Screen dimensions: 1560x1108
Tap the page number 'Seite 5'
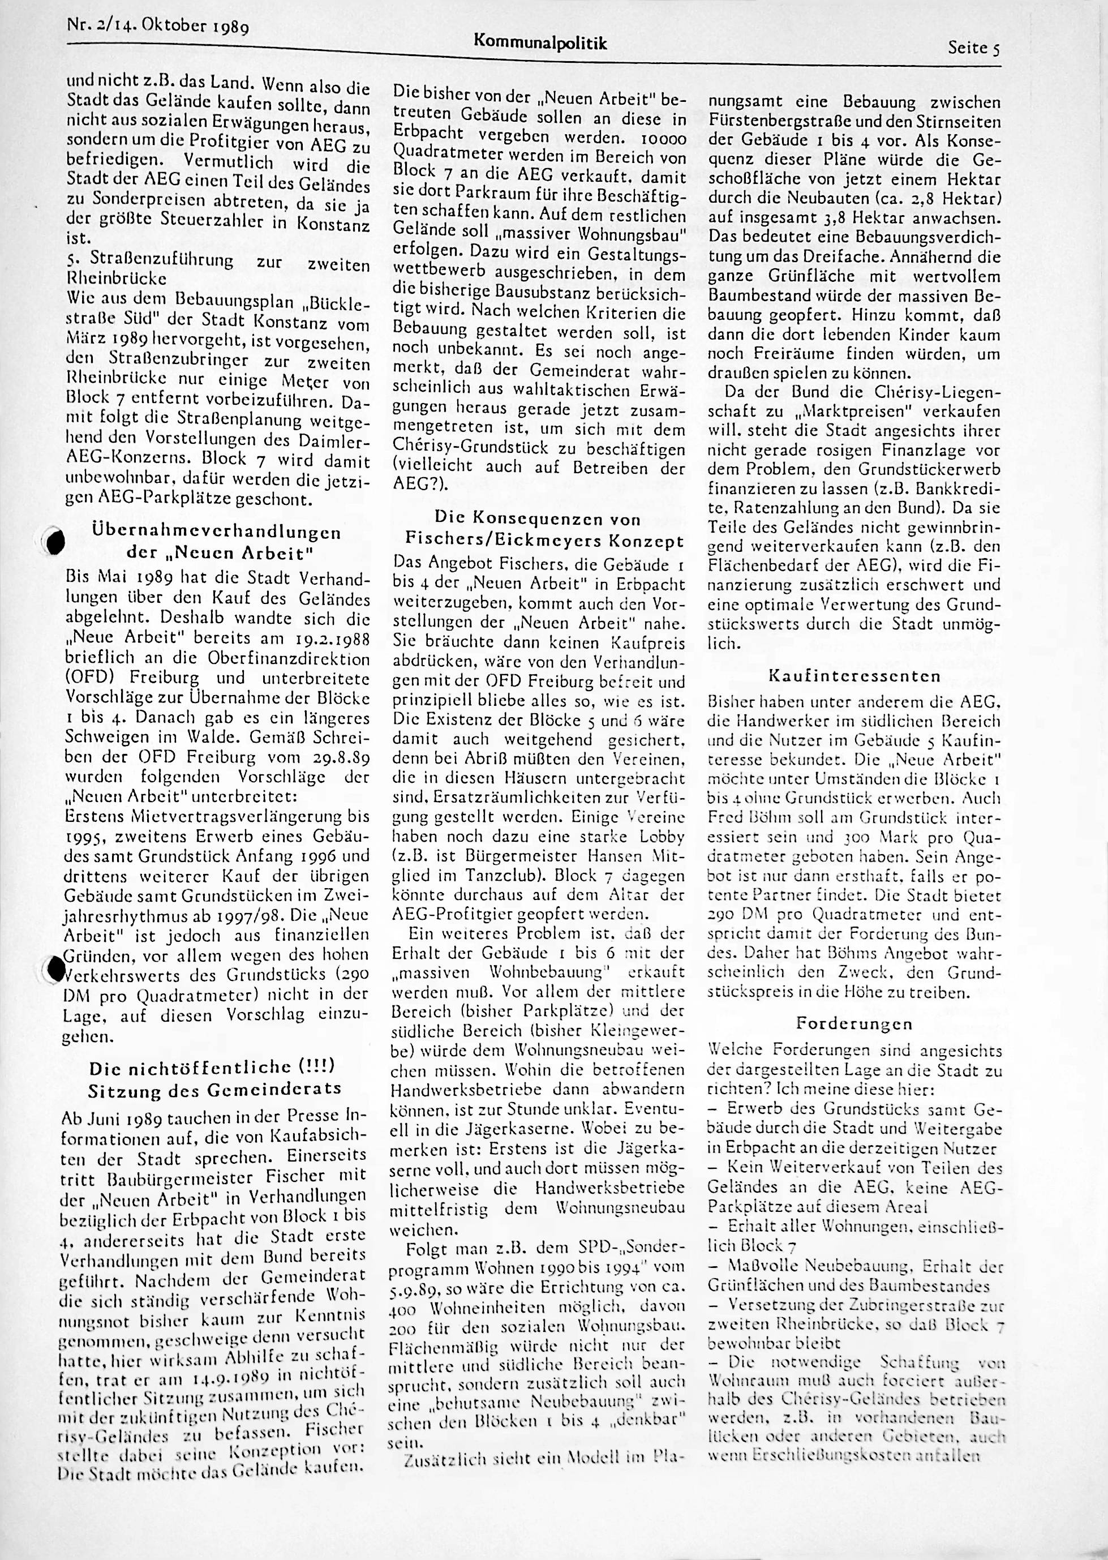coord(973,48)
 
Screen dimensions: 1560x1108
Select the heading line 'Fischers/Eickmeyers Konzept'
coord(544,541)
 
